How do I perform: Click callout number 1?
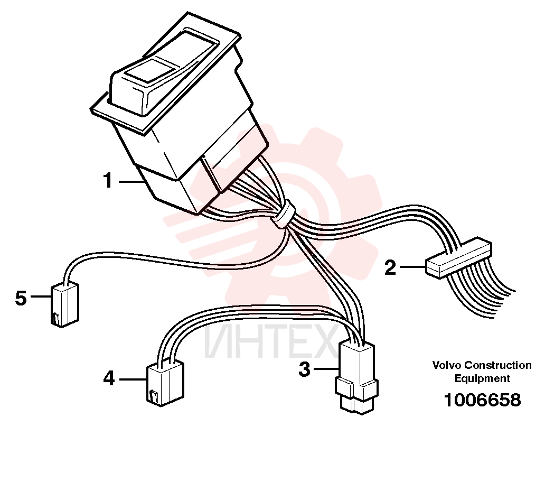pyautogui.click(x=108, y=181)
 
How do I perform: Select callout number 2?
pyautogui.click(x=390, y=267)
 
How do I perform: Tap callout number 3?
pyautogui.click(x=304, y=369)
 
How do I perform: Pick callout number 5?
pyautogui.click(x=21, y=298)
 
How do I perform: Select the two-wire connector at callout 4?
pyautogui.click(x=165, y=383)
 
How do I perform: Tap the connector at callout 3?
pyautogui.click(x=356, y=377)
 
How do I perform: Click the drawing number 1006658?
pyautogui.click(x=483, y=400)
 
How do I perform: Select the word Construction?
pyautogui.click(x=498, y=365)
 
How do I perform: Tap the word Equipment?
pyautogui.click(x=482, y=378)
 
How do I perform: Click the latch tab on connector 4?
pyautogui.click(x=154, y=395)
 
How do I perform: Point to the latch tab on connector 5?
pyautogui.click(x=55, y=318)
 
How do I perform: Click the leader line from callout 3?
pyautogui.click(x=326, y=368)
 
